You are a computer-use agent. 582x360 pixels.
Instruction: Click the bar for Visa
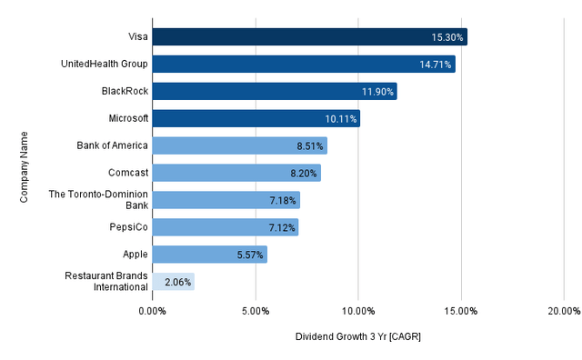[309, 37]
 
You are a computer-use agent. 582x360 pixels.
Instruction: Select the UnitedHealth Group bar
[303, 65]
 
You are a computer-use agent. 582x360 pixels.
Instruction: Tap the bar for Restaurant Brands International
[173, 282]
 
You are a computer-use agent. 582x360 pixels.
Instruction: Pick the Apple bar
[209, 255]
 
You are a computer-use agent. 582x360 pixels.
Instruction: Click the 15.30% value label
[447, 37]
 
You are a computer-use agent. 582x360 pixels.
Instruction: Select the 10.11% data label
[341, 119]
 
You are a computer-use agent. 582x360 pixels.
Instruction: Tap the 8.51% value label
[308, 146]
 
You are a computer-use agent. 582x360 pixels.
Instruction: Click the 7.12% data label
[279, 227]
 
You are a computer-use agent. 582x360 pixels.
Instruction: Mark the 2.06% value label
[176, 283]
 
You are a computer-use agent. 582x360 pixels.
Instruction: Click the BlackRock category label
[125, 91]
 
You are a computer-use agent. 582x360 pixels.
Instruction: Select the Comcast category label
[127, 173]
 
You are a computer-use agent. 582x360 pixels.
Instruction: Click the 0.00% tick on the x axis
[152, 311]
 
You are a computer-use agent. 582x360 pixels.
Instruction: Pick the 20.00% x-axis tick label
[563, 311]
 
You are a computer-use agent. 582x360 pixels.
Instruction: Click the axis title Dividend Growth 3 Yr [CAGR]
[358, 337]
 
